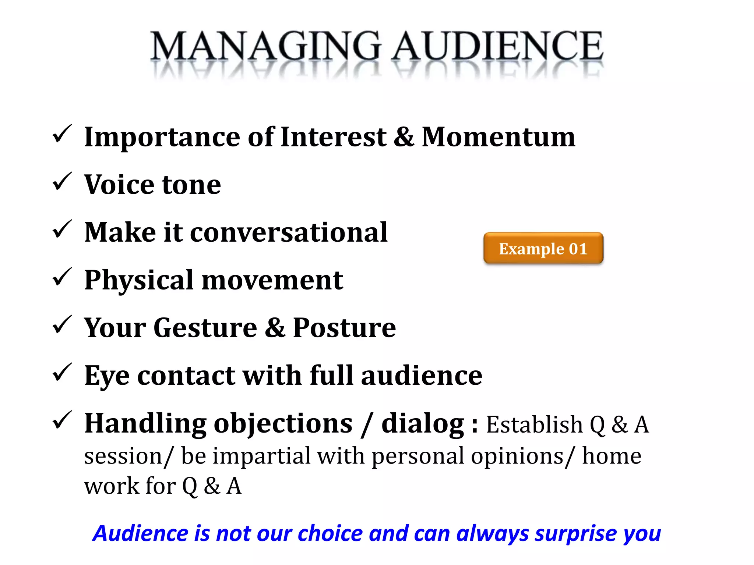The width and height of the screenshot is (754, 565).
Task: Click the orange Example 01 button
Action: point(543,249)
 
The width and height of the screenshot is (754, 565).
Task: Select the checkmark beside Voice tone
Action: point(61,182)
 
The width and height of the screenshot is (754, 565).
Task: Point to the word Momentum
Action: point(498,137)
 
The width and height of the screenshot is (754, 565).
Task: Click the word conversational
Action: point(289,233)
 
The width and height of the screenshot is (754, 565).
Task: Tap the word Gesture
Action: point(205,328)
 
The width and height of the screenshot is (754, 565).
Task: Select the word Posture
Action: point(344,328)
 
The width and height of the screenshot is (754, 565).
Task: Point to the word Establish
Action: point(534,424)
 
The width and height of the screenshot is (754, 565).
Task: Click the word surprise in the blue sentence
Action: point(575,534)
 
